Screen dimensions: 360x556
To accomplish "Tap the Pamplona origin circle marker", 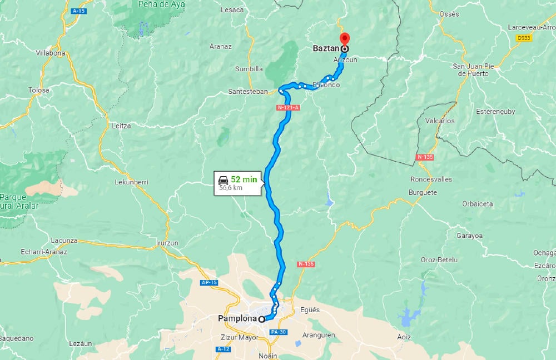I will click(x=261, y=319).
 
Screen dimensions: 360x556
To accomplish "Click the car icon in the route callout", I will click(x=223, y=179).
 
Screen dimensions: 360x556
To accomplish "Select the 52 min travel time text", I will click(x=244, y=179).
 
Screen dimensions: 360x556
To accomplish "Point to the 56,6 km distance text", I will click(x=230, y=188).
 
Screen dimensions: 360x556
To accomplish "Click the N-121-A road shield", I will click(x=289, y=107).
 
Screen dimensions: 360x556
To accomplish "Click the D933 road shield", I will click(x=523, y=38).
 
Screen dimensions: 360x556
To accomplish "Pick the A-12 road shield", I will click(x=224, y=349).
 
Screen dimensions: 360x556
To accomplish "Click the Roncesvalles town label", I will click(x=431, y=179).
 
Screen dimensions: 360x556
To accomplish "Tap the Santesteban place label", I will click(x=248, y=91).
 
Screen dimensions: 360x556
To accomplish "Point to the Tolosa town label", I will click(x=39, y=90).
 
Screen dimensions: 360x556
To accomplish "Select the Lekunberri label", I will click(x=131, y=182).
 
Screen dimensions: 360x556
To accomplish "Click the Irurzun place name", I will click(x=167, y=243).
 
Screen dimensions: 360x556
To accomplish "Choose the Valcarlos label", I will click(x=439, y=121).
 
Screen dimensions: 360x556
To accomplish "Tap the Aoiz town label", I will click(x=404, y=337).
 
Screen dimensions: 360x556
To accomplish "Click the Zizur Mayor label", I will click(x=240, y=337).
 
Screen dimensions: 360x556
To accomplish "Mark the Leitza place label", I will click(x=121, y=126).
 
